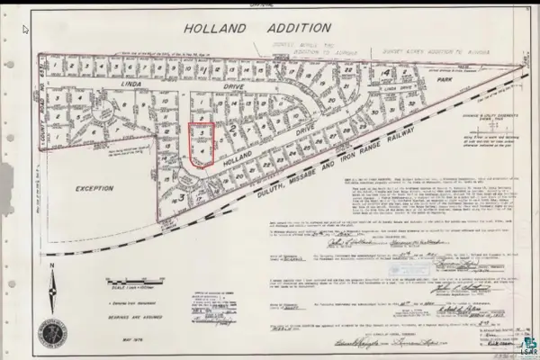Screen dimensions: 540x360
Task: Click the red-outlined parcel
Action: pyautogui.click(x=203, y=145)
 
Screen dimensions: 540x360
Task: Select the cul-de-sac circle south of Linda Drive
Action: pyautogui.click(x=107, y=114)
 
